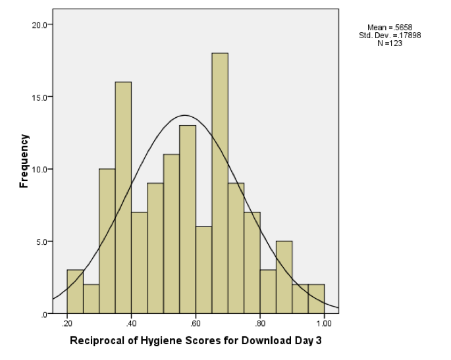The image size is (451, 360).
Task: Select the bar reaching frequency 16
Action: (x=123, y=197)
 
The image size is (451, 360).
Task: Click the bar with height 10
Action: (x=107, y=241)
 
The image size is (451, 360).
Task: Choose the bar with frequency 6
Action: (x=203, y=270)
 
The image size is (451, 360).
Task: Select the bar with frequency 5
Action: (x=284, y=277)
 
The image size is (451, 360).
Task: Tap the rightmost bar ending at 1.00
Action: (x=316, y=299)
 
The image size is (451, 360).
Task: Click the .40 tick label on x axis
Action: (x=131, y=324)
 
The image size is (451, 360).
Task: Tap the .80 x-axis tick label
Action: (x=260, y=324)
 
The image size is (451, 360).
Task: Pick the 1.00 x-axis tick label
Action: (x=324, y=324)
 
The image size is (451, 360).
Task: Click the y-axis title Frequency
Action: (x=24, y=161)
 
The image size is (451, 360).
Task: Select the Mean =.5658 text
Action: (x=390, y=27)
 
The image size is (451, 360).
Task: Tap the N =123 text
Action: (x=390, y=43)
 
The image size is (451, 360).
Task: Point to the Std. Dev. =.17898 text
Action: (x=390, y=35)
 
